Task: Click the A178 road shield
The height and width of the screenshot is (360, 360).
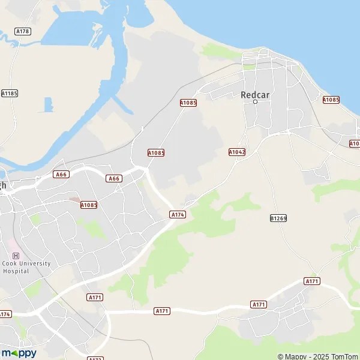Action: click(x=23, y=31)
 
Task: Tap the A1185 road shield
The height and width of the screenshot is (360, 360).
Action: click(x=10, y=93)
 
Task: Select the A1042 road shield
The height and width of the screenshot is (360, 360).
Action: click(x=237, y=152)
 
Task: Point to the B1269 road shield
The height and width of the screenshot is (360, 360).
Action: click(x=278, y=218)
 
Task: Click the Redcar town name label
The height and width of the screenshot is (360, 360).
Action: click(x=255, y=94)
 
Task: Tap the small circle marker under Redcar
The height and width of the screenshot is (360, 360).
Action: click(x=255, y=102)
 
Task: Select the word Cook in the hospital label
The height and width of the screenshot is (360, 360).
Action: click(x=9, y=263)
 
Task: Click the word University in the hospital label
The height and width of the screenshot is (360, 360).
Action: click(x=35, y=263)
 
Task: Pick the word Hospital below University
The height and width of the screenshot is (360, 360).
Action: click(x=16, y=271)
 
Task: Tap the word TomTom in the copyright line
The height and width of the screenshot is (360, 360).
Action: click(x=344, y=356)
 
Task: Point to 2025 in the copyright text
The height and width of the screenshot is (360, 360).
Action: click(x=319, y=356)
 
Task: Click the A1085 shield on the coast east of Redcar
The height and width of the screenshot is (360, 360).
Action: click(x=331, y=100)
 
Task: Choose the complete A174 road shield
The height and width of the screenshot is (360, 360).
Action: click(x=178, y=214)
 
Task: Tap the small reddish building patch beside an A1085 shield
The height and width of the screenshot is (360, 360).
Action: click(x=74, y=200)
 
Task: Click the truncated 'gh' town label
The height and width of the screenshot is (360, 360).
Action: click(x=3, y=185)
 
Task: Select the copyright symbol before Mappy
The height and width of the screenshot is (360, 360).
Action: click(x=280, y=356)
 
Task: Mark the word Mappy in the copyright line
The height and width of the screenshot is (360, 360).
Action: click(x=294, y=356)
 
